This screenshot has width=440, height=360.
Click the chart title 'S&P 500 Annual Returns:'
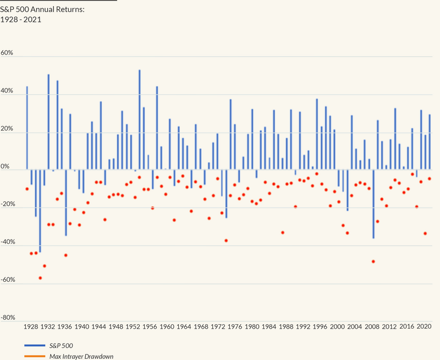point(42,9)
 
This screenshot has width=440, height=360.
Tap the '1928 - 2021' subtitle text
point(21,20)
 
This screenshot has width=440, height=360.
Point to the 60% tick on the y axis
point(7,53)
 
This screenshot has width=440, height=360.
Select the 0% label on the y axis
point(5,166)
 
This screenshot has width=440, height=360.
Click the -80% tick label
point(8,318)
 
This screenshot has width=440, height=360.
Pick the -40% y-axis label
point(8,242)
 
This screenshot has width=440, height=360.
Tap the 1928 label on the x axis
point(31,326)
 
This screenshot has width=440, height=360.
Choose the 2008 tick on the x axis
point(372,326)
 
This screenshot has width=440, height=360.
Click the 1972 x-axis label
point(218,326)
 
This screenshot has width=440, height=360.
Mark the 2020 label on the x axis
point(424,326)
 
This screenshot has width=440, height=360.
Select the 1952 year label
point(133,326)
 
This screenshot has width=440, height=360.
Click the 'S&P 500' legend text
point(61,346)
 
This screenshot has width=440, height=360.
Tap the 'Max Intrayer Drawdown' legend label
point(81,357)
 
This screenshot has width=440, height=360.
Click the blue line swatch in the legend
point(35,345)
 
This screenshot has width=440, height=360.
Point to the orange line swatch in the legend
point(35,356)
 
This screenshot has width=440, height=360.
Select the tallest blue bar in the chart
point(140,119)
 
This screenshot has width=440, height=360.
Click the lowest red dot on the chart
point(40,278)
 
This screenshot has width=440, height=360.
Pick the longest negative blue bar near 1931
point(40,211)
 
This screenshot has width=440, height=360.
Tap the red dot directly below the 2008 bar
point(373,261)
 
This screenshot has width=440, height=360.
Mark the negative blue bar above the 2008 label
point(373,204)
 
